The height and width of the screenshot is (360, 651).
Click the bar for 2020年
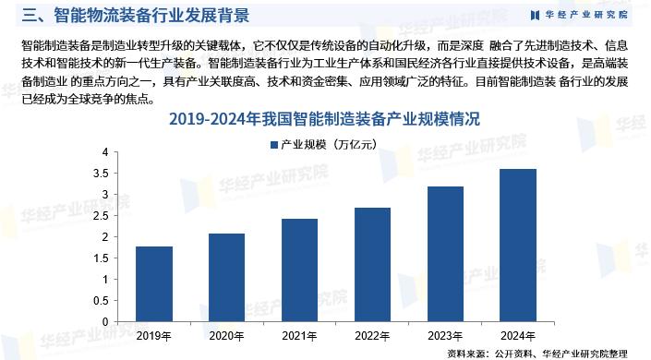pos(226,278)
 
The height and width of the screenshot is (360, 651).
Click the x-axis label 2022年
pos(371,335)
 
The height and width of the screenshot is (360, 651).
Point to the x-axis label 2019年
pos(154,335)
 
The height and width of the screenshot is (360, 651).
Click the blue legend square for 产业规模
pos(273,144)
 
